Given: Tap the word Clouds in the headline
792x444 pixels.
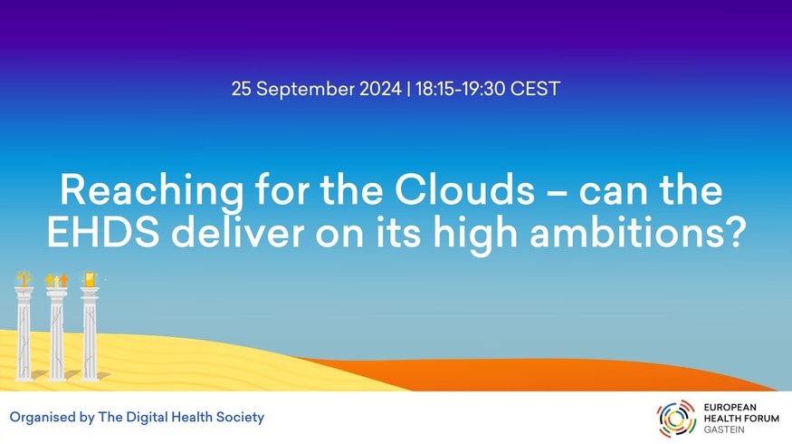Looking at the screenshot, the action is [x=464, y=190].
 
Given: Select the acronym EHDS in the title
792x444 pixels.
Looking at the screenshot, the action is [x=103, y=233].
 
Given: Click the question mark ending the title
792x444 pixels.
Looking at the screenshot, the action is [x=734, y=233].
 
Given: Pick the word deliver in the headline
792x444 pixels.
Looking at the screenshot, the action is [x=237, y=233].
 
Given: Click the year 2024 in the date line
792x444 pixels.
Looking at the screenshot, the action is [x=380, y=89].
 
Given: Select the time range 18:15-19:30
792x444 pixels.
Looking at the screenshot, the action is [x=460, y=89].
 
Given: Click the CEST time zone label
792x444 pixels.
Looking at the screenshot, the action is [x=535, y=89].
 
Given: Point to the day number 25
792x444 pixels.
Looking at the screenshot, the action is [x=241, y=89].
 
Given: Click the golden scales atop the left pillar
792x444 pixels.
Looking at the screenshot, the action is [x=24, y=279].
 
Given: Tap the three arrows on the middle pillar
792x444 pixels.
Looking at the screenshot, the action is [x=56, y=280].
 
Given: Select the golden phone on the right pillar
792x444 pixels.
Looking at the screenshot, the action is [x=90, y=279].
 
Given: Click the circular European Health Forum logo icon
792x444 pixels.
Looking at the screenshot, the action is [x=676, y=419].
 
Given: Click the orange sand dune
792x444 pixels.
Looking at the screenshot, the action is [x=556, y=375].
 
